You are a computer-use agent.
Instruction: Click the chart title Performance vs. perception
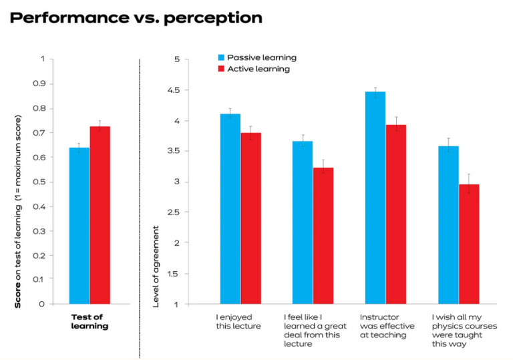(136, 17)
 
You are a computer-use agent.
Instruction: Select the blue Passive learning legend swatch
(221, 57)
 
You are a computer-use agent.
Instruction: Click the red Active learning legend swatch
(221, 69)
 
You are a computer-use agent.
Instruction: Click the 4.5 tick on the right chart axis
(174, 90)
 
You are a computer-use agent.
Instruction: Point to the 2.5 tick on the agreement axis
(174, 212)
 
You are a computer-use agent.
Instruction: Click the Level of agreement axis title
(156, 266)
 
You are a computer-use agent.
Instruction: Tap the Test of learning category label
(90, 321)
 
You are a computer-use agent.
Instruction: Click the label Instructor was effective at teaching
(387, 326)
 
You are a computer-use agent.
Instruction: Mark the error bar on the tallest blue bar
(375, 92)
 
